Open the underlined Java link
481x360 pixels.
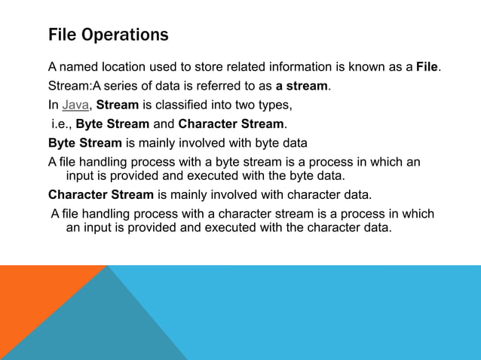coord(76,105)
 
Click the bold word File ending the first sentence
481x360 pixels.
coord(427,69)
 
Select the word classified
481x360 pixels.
coord(185,105)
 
